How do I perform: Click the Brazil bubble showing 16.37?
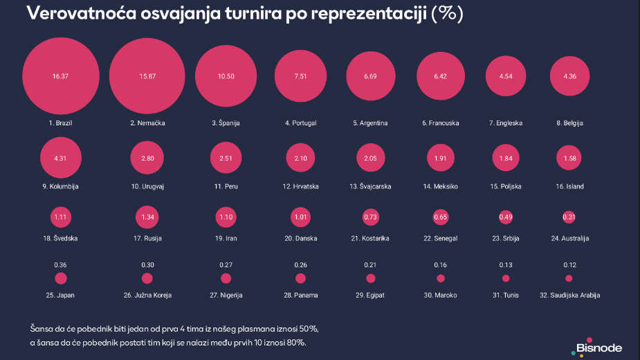pos(60,76)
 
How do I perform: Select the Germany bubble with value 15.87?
pos(147,76)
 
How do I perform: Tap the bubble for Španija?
pos(226,76)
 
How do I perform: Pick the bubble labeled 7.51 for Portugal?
pos(300,76)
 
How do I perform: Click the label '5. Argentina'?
pos(370,123)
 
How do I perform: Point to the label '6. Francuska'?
pos(441,123)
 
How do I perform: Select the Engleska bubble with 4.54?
pos(506,76)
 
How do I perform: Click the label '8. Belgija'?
pos(570,123)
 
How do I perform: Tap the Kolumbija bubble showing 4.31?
pos(61,158)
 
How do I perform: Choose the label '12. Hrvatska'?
pos(301,186)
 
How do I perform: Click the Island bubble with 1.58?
pos(570,158)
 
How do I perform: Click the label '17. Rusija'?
pos(147,239)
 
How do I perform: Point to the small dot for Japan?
pos(61,278)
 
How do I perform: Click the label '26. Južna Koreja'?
pos(147,295)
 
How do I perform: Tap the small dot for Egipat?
pos(370,278)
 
